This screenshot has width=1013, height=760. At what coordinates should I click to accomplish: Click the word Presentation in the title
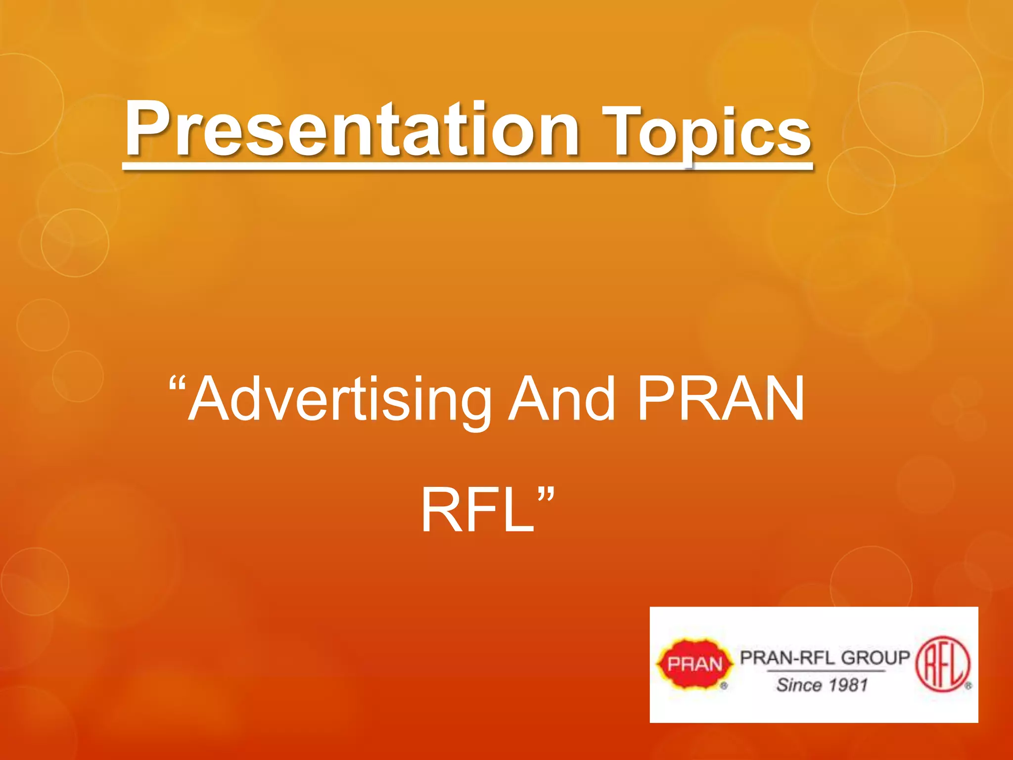coord(351,130)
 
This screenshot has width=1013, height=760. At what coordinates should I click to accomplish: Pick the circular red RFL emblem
coord(943,664)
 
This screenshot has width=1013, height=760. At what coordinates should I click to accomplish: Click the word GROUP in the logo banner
coord(875,658)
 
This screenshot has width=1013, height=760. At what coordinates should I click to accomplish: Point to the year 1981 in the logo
coord(848,685)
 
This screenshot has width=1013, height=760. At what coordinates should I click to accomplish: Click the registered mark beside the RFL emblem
coord(968,686)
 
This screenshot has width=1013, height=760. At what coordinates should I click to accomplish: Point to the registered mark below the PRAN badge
coord(724,686)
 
